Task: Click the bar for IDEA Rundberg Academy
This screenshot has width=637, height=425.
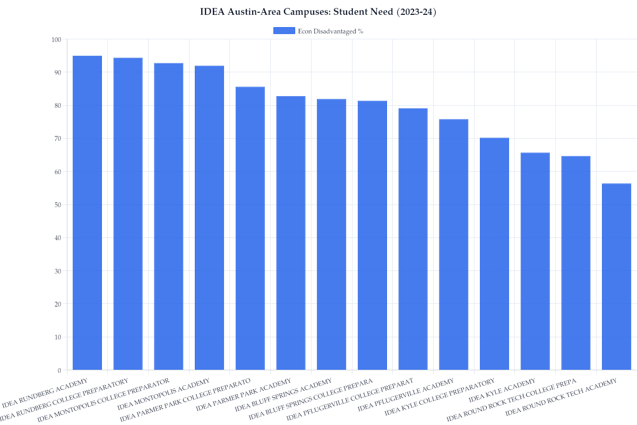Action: (87, 212)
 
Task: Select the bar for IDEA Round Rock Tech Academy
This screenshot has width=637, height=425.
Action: (616, 276)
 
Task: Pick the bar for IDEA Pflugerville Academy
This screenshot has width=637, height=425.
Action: (454, 244)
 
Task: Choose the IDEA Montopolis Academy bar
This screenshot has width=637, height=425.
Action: (209, 218)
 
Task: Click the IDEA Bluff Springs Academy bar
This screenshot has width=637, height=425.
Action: (331, 234)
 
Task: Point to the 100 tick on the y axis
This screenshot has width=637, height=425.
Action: (56, 39)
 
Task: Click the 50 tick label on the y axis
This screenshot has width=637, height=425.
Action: (56, 205)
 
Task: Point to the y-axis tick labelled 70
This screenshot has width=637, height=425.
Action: (56, 139)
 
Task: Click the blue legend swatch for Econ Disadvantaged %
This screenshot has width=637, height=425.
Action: (284, 31)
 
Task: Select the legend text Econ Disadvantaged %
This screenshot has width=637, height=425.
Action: (331, 31)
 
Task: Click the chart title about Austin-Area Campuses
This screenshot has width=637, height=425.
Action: (318, 12)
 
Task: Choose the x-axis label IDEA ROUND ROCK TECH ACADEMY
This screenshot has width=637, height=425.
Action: (561, 397)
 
